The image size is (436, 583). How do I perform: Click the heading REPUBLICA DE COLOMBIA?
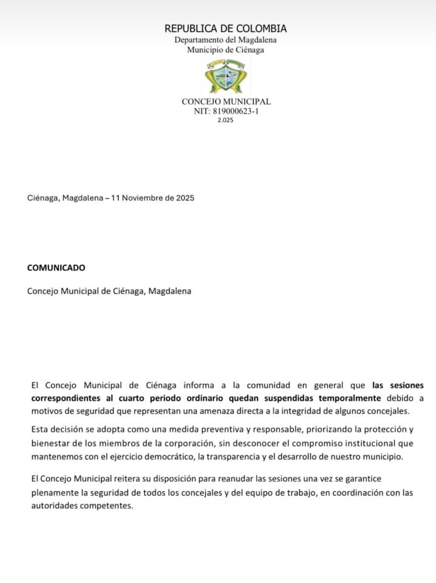(225, 29)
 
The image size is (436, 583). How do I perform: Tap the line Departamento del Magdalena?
(225, 40)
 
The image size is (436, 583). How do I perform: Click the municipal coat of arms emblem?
(225, 75)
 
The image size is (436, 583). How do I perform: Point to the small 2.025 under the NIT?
(225, 120)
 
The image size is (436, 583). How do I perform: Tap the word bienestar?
(52, 443)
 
